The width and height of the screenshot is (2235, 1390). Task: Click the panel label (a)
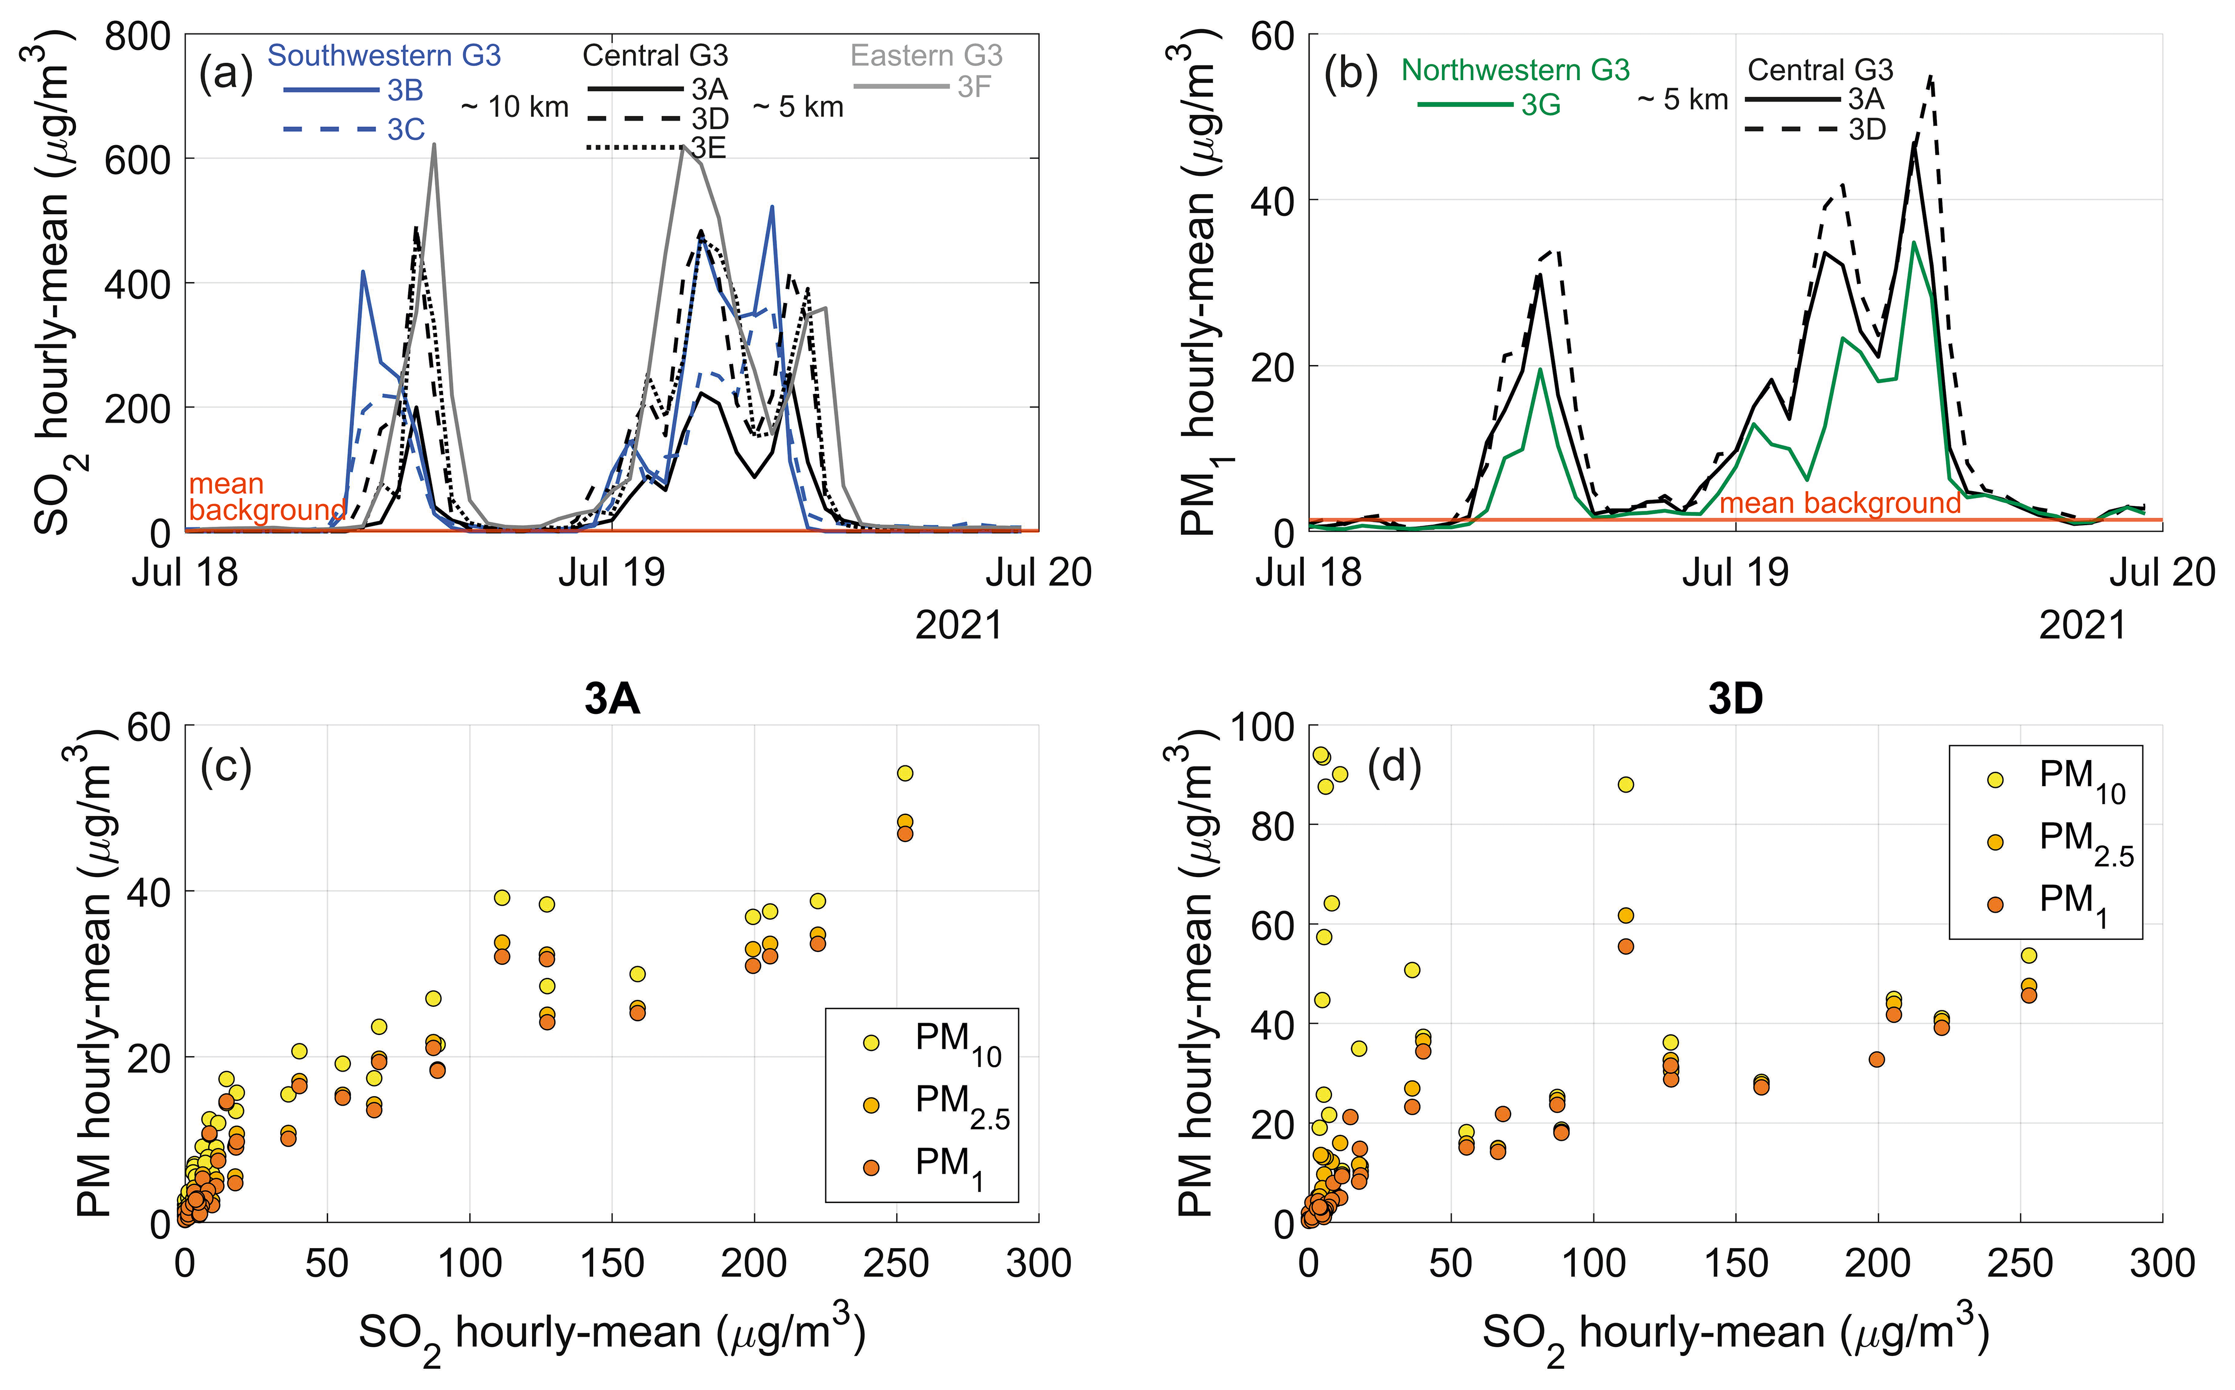click(226, 74)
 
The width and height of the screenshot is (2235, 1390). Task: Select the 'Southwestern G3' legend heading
click(384, 56)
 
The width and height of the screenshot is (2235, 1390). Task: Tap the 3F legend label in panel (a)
click(974, 87)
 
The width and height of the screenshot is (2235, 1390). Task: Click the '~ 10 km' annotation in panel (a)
click(515, 107)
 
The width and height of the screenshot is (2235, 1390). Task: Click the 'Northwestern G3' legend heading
click(1515, 70)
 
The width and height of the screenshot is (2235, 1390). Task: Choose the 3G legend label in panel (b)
click(1541, 106)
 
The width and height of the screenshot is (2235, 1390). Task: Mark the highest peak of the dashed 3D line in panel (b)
click(1931, 77)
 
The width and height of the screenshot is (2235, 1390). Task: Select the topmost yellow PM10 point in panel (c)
click(905, 773)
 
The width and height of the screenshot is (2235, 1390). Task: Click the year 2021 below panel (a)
click(958, 626)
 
